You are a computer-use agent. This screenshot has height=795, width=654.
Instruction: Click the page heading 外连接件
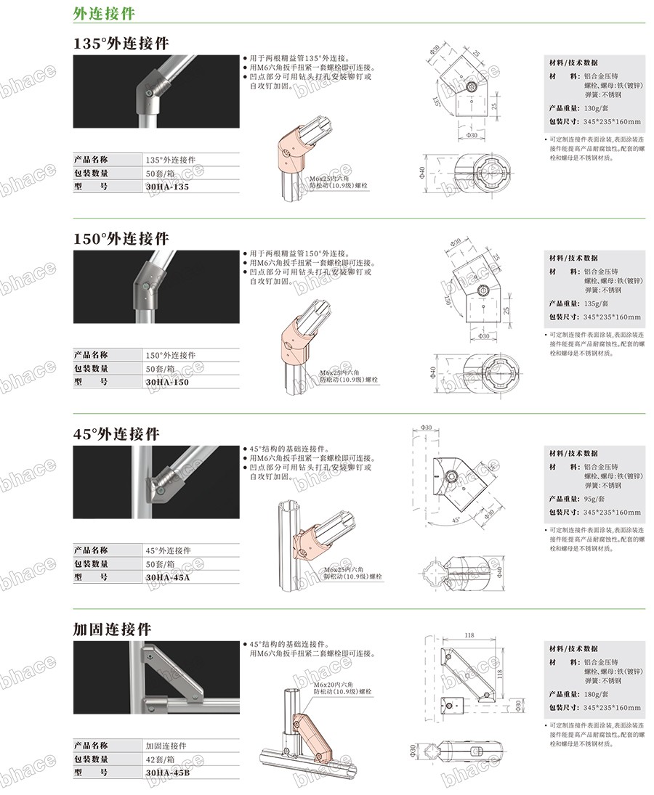(x=103, y=13)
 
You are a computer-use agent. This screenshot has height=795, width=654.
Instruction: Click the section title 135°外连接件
(x=121, y=44)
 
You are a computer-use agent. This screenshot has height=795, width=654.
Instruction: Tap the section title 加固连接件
(x=112, y=629)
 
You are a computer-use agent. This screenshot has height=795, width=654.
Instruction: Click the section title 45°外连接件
(x=116, y=433)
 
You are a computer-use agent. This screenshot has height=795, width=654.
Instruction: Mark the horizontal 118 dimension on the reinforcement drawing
(x=469, y=635)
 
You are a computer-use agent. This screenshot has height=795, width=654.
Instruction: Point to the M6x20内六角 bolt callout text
(x=334, y=685)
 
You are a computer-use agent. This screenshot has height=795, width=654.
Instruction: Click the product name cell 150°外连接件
(x=170, y=355)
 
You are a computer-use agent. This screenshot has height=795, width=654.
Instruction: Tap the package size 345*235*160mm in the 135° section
(x=612, y=122)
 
